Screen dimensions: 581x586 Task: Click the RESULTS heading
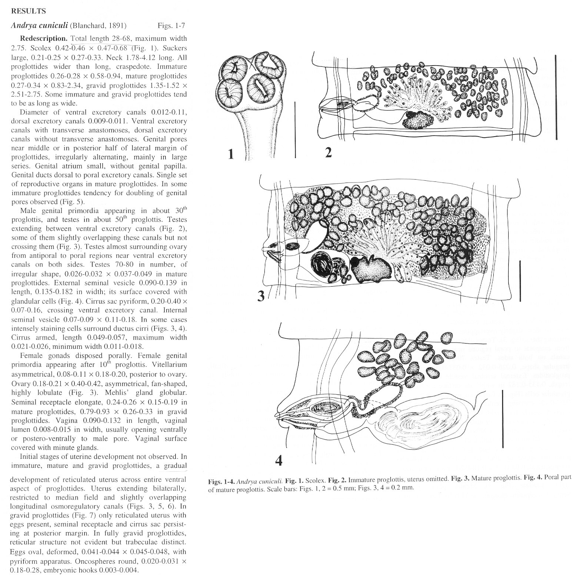pyautogui.click(x=29, y=11)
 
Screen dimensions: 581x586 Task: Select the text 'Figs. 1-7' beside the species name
pyautogui.click(x=171, y=26)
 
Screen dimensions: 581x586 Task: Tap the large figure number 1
pyautogui.click(x=231, y=153)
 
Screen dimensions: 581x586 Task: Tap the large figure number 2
pyautogui.click(x=328, y=153)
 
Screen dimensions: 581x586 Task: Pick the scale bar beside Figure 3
pyautogui.click(x=520, y=281)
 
